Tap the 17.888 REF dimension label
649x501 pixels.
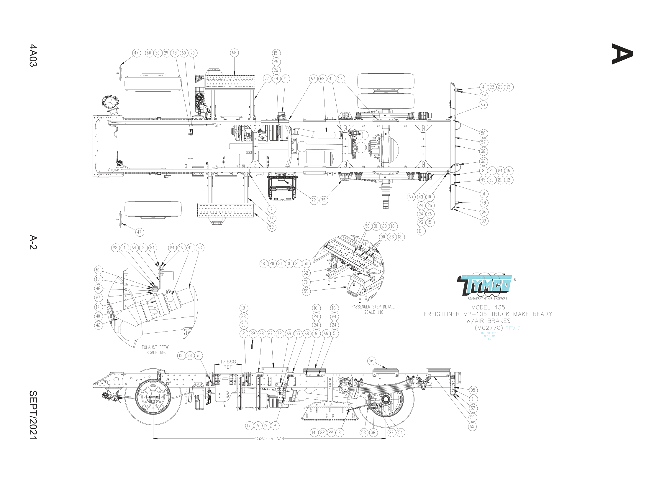coord(228,364)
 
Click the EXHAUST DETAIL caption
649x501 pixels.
coord(156,350)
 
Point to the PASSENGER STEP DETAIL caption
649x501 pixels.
coord(373,309)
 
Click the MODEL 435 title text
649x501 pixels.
coord(488,307)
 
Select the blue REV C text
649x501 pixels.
coord(513,328)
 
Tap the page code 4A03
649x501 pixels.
coord(33,55)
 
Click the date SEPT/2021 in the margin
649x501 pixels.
coord(33,415)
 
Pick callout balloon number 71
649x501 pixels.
coord(285,79)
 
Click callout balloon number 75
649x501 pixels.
coord(323,200)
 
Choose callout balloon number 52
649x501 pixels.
coord(271,227)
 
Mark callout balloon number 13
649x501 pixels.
coord(509,87)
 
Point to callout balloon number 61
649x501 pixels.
coord(98,270)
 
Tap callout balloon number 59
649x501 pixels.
coord(306,291)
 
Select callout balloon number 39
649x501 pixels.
coord(253,333)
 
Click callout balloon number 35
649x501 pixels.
coord(473,390)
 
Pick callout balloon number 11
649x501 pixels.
coord(420,231)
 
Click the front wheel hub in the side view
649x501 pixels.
coord(153,397)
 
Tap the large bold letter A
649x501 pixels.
coord(622,54)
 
